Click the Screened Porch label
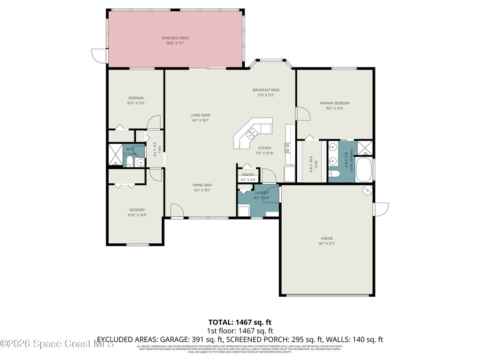175,38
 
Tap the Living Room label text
200,115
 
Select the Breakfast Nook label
266,90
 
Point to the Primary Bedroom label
335,103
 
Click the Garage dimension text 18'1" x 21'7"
327,244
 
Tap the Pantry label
248,174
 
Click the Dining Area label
202,185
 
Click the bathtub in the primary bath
364,170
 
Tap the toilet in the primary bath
335,174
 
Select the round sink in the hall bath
140,163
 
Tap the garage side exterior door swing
381,209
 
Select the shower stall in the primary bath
365,148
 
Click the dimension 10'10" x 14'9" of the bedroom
137,215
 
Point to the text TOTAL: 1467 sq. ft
240,322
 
